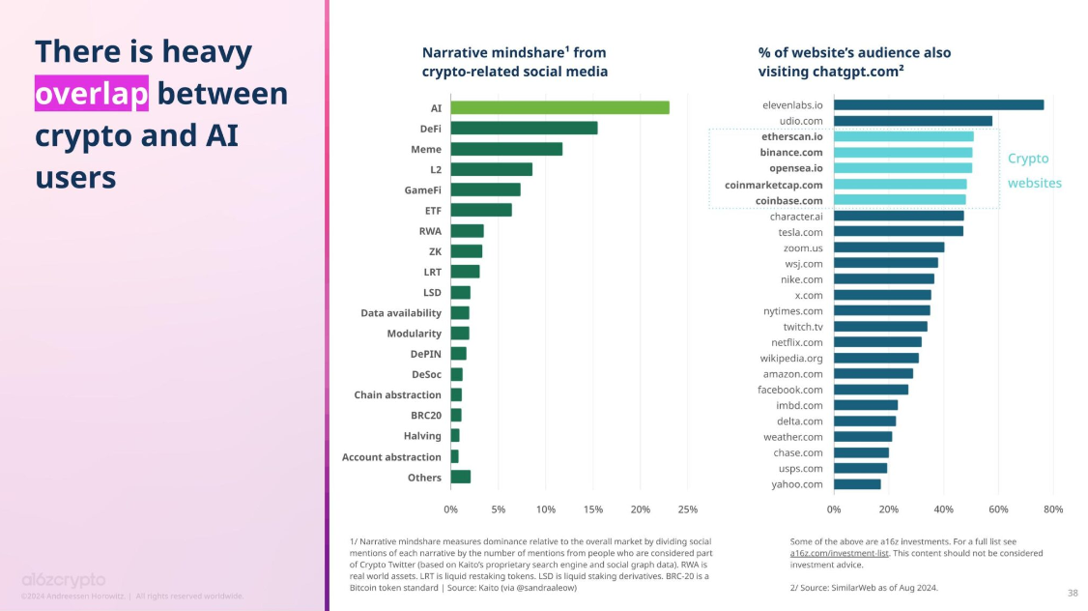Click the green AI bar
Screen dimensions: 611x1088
click(x=559, y=107)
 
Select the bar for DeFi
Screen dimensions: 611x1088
click(x=524, y=128)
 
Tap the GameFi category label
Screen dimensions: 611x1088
click(x=422, y=189)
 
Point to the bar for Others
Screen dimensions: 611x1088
click(x=460, y=477)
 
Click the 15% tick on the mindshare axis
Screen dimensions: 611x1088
click(x=592, y=509)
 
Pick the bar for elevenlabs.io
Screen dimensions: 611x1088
click(x=938, y=104)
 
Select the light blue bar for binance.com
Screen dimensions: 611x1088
click(x=902, y=153)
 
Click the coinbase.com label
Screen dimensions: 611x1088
click(x=789, y=201)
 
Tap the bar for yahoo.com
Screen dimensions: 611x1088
click(x=857, y=484)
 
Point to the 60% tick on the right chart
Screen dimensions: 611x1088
click(x=999, y=509)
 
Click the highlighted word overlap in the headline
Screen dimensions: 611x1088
click(x=92, y=94)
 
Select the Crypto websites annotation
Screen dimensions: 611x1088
click(x=1034, y=170)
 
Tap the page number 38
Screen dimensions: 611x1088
click(x=1072, y=593)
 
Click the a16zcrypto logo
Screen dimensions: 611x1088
click(x=64, y=579)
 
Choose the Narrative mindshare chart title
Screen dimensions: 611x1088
click(x=515, y=62)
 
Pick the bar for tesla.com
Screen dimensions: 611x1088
click(x=898, y=231)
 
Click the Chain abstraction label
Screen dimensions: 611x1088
click(x=397, y=394)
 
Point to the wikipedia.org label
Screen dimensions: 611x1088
click(x=791, y=358)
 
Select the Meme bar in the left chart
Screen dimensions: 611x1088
click(x=506, y=149)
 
